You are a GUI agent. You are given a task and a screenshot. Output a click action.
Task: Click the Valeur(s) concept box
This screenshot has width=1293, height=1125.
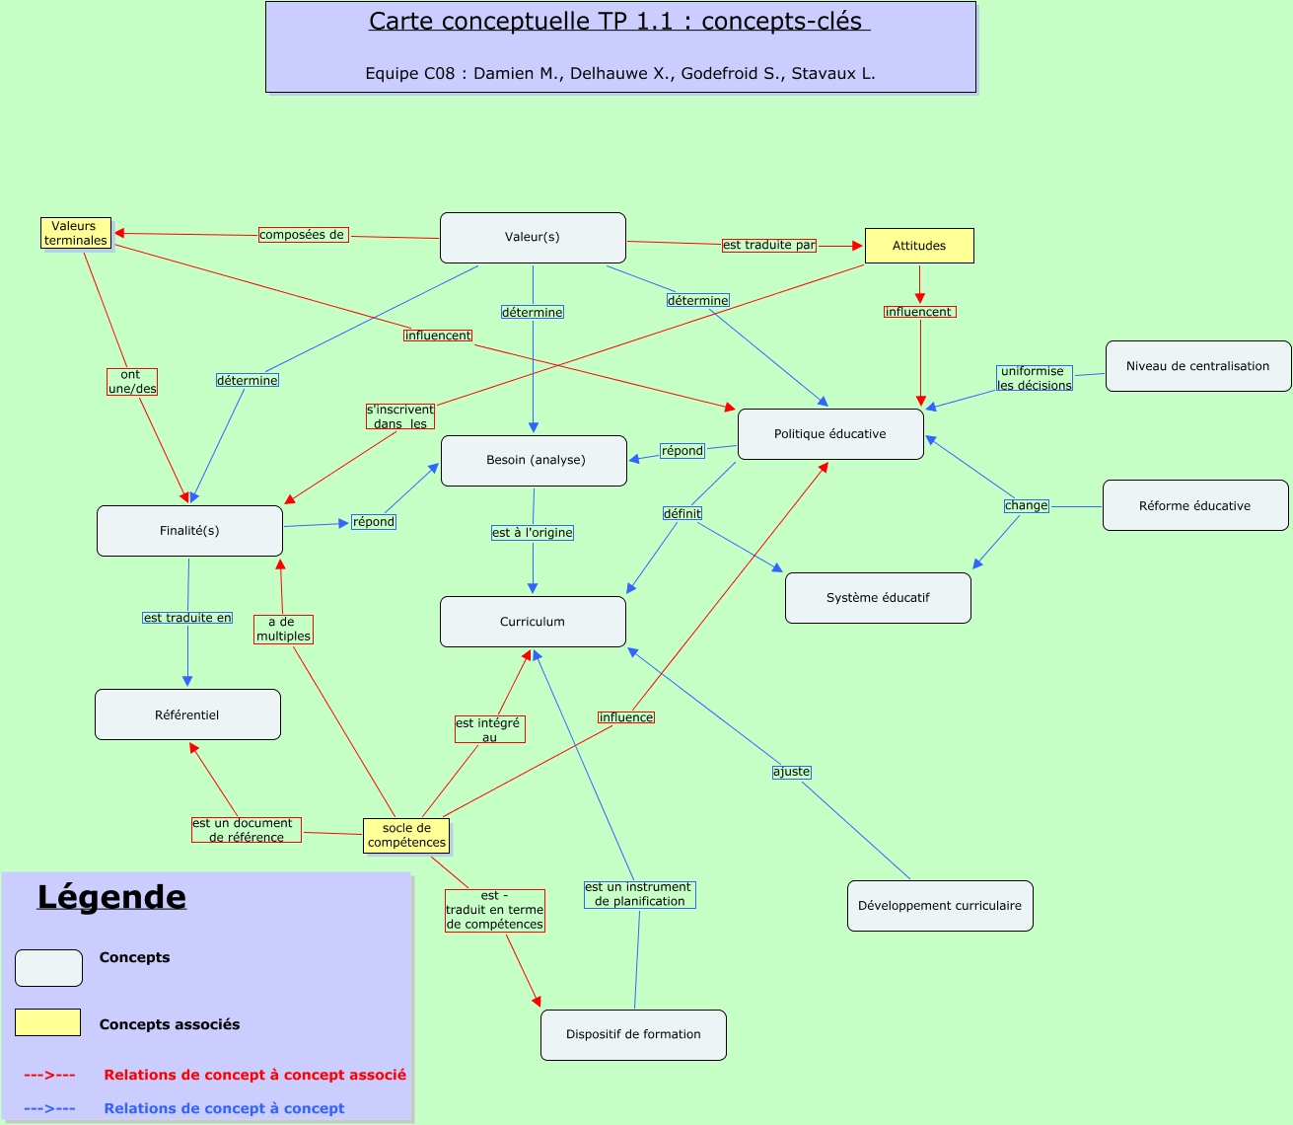[x=533, y=238]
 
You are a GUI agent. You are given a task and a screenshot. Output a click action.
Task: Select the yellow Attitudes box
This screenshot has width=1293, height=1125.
[x=919, y=246]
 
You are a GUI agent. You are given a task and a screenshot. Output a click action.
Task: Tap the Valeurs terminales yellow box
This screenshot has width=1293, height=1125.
[x=76, y=233]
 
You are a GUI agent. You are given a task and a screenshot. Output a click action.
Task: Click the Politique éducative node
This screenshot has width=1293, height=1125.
[x=830, y=434]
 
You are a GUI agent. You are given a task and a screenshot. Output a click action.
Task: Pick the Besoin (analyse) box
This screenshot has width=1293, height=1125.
[x=534, y=461]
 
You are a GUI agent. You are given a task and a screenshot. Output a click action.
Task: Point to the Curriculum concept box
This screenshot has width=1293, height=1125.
[x=533, y=622]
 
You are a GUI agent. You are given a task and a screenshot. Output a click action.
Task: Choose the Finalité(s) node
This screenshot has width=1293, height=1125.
[x=189, y=531]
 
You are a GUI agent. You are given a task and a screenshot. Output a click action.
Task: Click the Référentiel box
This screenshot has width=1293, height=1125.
[x=187, y=714]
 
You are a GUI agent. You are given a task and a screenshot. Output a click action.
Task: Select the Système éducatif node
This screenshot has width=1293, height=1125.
[x=878, y=598]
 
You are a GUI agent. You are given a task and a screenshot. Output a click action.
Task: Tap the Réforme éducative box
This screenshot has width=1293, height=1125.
[x=1195, y=505]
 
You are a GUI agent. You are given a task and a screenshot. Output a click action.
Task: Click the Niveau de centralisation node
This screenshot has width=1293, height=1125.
[x=1198, y=366]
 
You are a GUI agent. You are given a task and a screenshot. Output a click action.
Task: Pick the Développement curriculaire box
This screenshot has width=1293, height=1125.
[x=940, y=906]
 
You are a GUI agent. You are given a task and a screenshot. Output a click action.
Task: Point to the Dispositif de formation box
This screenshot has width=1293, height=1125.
[x=633, y=1035]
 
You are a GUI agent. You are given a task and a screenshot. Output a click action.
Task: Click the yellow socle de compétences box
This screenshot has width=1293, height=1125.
[x=406, y=836]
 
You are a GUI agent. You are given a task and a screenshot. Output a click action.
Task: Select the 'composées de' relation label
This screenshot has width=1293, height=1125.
[x=303, y=235]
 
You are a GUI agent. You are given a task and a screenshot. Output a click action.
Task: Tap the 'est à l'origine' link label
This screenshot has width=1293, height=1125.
[x=533, y=533]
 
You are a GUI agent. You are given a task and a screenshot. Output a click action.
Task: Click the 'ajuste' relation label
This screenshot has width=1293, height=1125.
[x=791, y=772]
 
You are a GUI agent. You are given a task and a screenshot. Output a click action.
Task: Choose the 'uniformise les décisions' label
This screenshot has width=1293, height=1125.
[x=1034, y=379]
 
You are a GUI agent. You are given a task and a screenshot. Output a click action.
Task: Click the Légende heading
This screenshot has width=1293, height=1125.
[x=111, y=897]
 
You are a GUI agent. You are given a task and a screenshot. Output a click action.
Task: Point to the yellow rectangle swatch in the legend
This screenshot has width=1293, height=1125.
[x=47, y=1022]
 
